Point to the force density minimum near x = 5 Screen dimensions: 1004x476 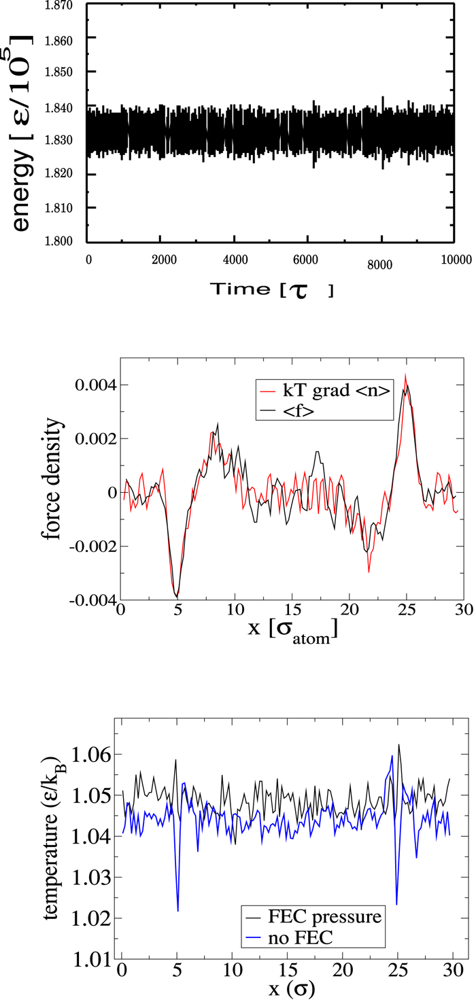[177, 596]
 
